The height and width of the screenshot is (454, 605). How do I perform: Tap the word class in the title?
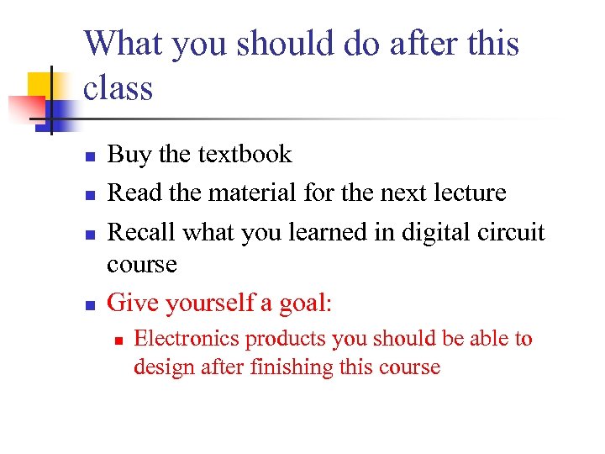tap(118, 87)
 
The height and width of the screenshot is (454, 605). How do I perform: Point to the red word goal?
tap(303, 303)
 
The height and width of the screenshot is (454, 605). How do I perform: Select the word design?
tap(161, 367)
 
